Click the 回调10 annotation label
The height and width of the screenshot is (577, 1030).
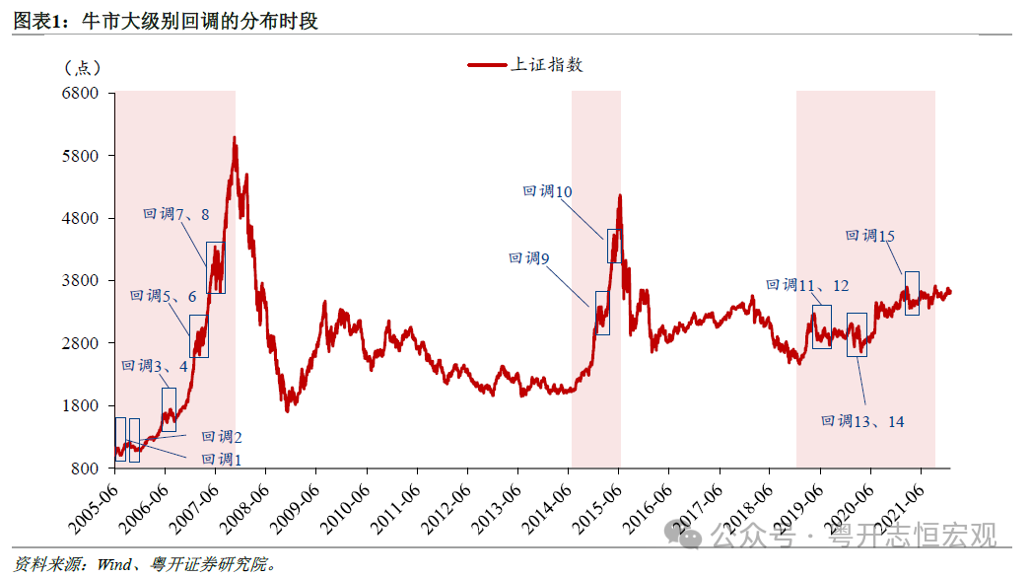coord(547,192)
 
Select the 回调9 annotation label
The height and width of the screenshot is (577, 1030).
coord(529,258)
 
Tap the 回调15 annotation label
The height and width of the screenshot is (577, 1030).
coord(870,236)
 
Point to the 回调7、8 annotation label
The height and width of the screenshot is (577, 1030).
coord(176,214)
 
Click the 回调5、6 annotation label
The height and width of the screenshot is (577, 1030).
coord(163,296)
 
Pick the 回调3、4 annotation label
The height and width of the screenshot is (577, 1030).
coord(155,367)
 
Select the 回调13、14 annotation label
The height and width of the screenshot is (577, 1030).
coord(862,421)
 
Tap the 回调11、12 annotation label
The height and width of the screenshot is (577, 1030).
coord(807,285)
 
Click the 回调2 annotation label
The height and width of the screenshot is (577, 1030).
coord(222,437)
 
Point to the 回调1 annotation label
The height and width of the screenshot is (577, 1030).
coord(221,459)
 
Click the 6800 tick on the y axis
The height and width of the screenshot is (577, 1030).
coord(82,94)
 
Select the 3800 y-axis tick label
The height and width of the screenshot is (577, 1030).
coord(82,281)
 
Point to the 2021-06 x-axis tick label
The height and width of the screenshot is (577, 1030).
coord(902,509)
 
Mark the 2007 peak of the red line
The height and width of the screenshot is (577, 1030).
coord(235,138)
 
